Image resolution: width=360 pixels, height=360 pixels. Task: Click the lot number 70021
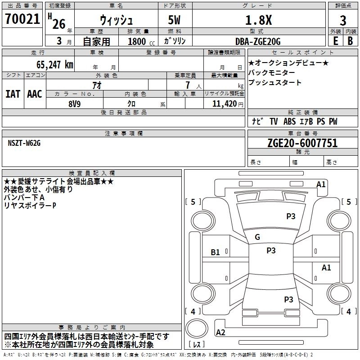pyautogui.click(x=22, y=19)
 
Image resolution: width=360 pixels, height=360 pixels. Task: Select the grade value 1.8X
pyautogui.click(x=257, y=20)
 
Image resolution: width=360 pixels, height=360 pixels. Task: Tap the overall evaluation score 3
pyautogui.click(x=343, y=20)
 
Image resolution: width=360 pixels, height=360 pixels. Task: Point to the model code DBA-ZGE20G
pyautogui.click(x=257, y=41)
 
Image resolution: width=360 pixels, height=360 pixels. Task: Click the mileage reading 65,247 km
pyautogui.click(x=50, y=64)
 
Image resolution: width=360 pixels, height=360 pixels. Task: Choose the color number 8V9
pyautogui.click(x=75, y=103)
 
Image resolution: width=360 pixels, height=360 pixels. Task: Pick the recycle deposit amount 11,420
pyautogui.click(x=224, y=103)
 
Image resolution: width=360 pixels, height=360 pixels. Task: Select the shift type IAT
pyautogui.click(x=13, y=94)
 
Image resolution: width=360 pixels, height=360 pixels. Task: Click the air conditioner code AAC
pyautogui.click(x=35, y=94)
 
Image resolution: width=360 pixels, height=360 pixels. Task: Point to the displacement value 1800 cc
pyautogui.click(x=138, y=41)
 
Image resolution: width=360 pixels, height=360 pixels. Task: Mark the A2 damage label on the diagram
pyautogui.click(x=221, y=333)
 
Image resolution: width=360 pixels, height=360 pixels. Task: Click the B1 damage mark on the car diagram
pyautogui.click(x=216, y=252)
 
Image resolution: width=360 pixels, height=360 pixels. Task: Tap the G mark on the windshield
pyautogui.click(x=257, y=237)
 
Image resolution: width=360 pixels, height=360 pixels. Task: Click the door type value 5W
pyautogui.click(x=175, y=20)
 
